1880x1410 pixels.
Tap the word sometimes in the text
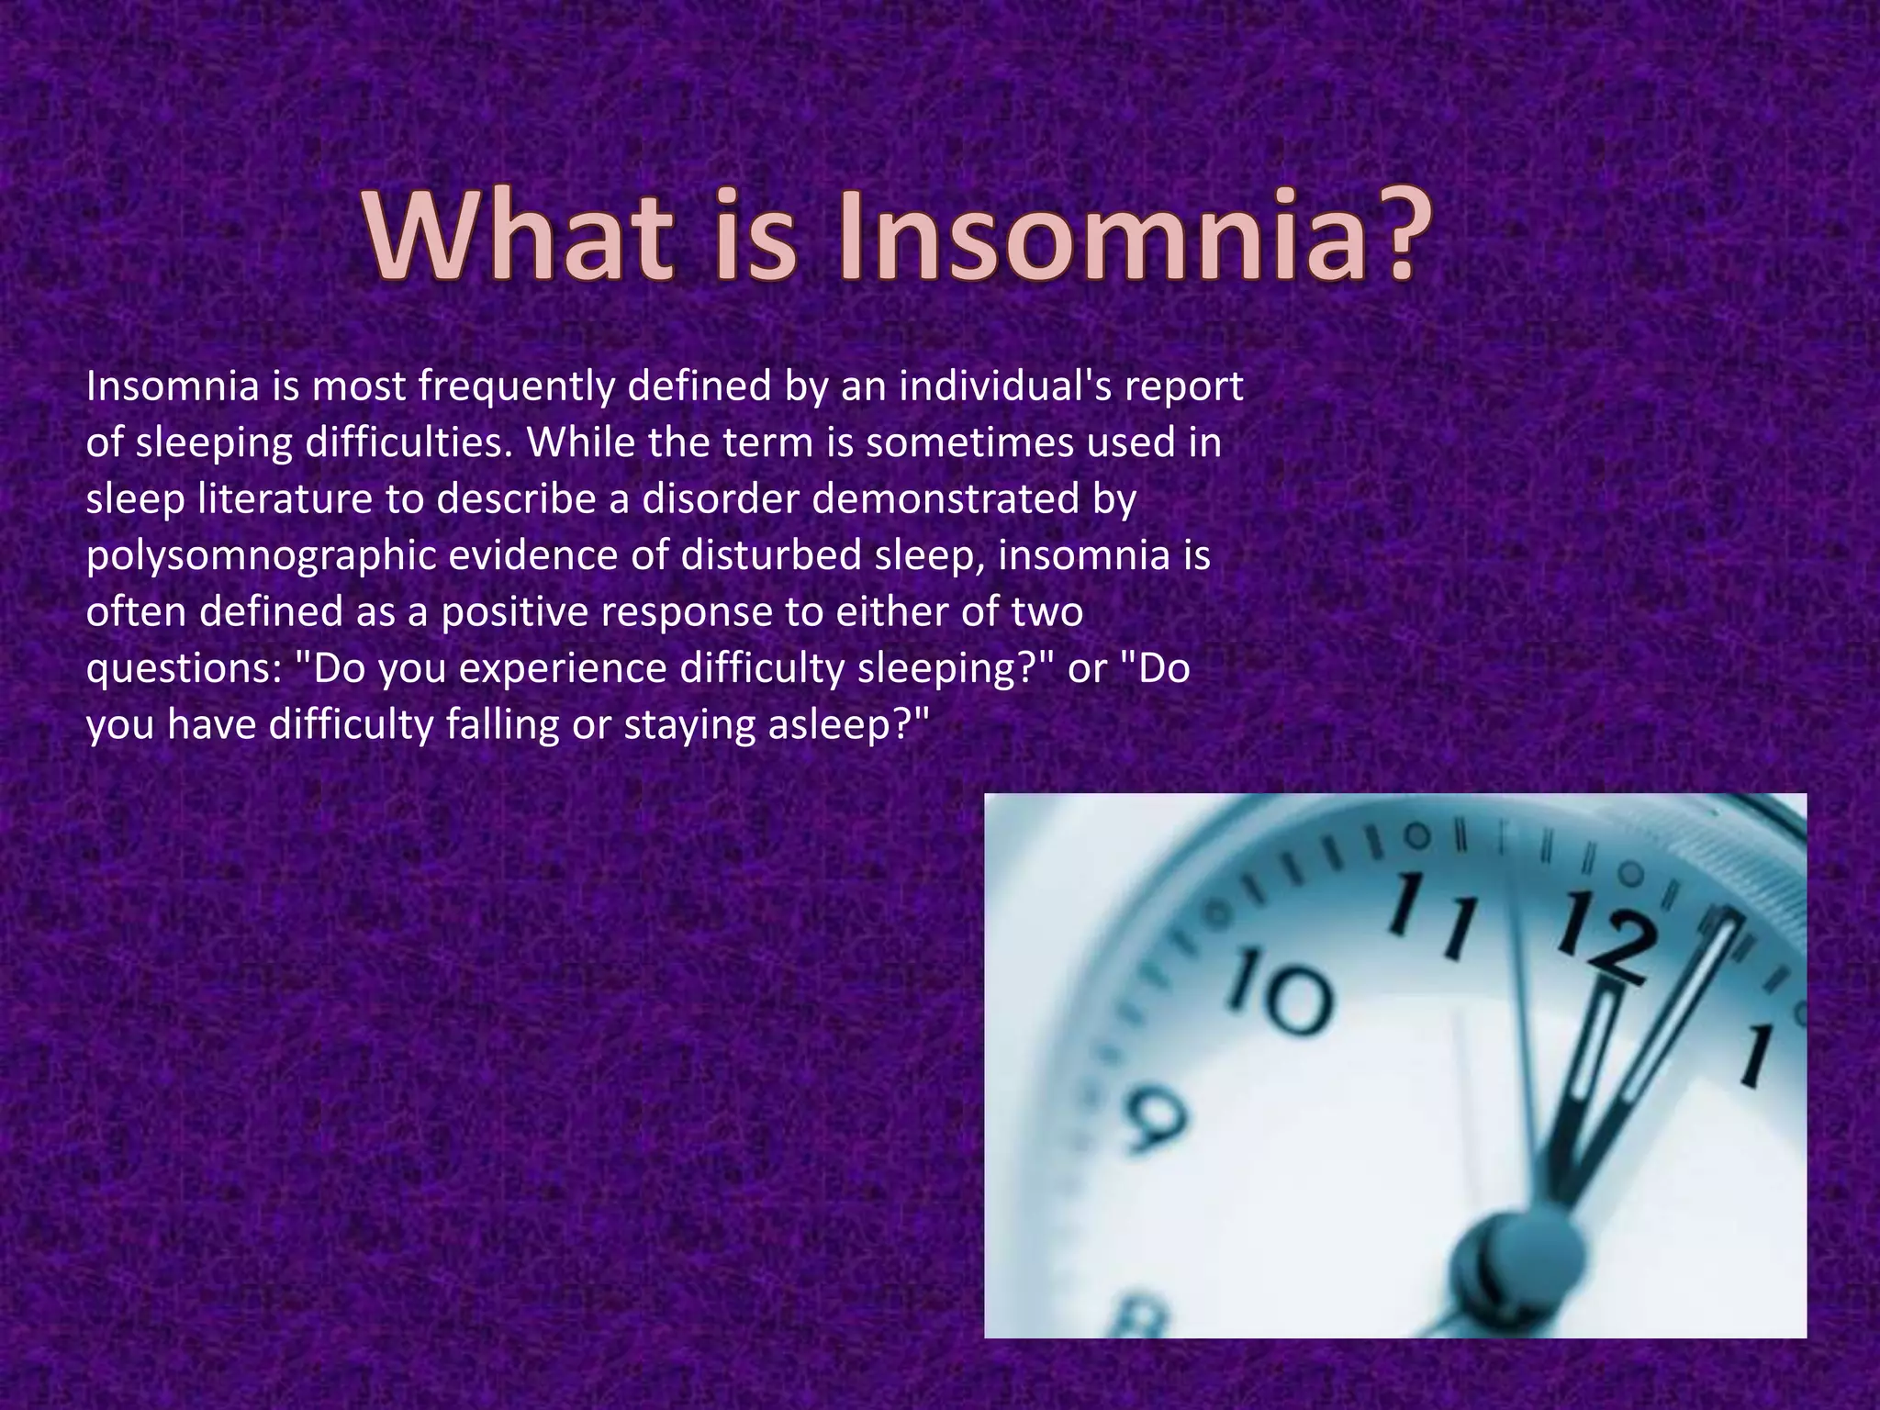pos(969,442)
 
